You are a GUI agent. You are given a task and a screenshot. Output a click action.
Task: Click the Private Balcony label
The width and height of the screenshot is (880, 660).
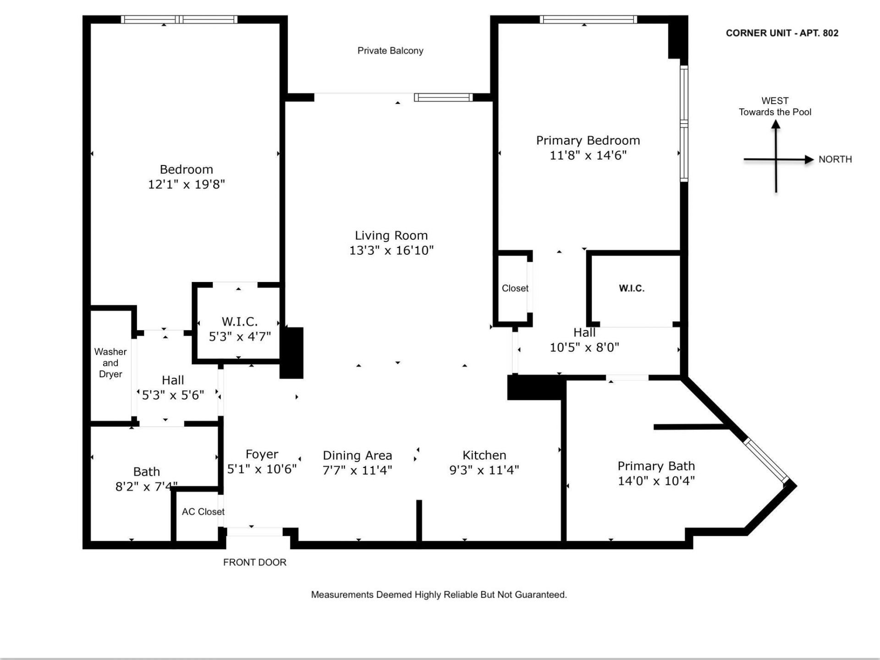click(390, 51)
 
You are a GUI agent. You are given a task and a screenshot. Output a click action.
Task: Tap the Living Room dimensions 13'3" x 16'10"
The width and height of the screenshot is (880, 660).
click(391, 250)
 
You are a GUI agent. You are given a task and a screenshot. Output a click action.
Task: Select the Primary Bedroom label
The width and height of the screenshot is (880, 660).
click(588, 140)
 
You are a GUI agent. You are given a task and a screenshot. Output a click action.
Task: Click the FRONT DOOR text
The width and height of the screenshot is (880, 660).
click(254, 562)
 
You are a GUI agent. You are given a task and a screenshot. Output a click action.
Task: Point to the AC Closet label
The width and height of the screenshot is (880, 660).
click(203, 511)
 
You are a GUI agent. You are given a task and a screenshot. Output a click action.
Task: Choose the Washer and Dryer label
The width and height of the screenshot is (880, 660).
click(110, 363)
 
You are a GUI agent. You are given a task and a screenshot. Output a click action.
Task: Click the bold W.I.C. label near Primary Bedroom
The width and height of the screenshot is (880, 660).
click(632, 288)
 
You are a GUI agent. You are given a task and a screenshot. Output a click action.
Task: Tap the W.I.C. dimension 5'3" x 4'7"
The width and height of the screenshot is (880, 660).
click(240, 337)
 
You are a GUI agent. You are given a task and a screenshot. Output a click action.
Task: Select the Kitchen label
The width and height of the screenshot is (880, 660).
click(484, 455)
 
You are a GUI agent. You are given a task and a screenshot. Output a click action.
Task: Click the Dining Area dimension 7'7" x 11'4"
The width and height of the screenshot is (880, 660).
click(357, 470)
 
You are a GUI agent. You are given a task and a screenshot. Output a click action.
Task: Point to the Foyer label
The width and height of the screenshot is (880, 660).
click(262, 454)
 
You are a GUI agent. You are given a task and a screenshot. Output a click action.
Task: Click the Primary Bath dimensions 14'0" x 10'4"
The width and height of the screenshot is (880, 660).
click(656, 481)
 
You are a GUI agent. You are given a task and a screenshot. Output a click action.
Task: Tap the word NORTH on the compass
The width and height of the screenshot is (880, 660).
click(835, 159)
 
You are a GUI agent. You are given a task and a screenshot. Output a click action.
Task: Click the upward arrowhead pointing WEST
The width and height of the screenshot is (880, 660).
click(775, 124)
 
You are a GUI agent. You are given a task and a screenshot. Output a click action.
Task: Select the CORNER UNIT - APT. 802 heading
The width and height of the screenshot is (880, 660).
click(782, 33)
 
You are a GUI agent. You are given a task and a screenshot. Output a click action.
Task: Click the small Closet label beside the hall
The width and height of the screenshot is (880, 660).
click(515, 288)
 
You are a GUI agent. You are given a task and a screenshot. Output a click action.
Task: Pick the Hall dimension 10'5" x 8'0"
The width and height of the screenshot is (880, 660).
click(584, 347)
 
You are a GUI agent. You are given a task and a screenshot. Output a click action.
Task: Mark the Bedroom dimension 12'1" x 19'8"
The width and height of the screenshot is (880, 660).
click(186, 184)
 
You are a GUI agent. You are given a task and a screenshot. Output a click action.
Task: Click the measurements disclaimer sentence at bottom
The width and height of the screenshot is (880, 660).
click(439, 594)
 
